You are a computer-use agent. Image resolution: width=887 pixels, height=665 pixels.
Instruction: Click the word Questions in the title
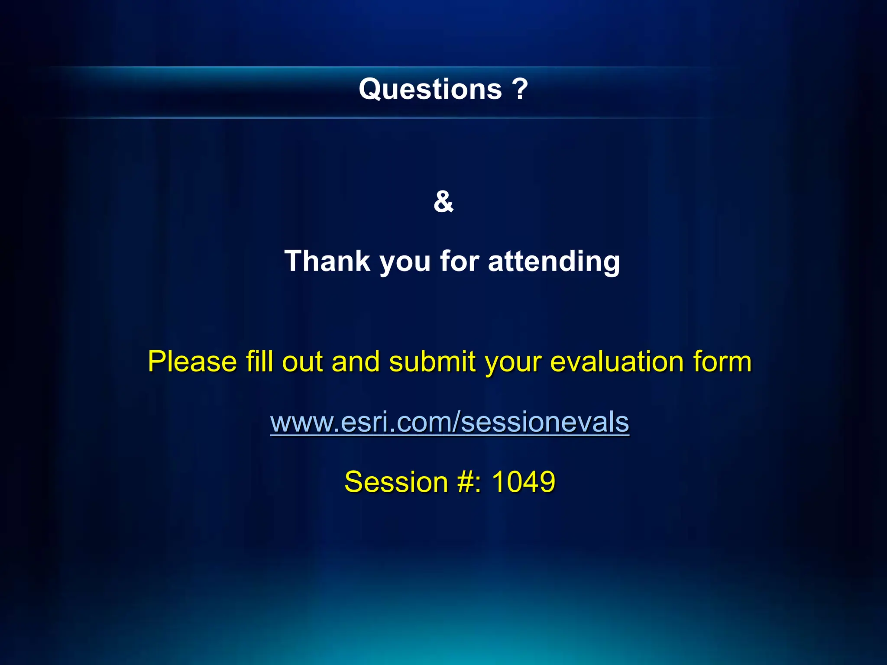(x=430, y=90)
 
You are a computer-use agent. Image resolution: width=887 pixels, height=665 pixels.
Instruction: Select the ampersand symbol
(x=443, y=202)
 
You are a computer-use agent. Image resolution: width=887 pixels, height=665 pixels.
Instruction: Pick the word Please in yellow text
(x=192, y=362)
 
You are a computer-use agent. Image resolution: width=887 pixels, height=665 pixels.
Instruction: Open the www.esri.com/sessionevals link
(x=450, y=422)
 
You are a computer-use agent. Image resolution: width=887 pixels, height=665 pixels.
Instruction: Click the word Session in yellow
(x=396, y=482)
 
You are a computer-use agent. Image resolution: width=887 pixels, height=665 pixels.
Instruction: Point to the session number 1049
(x=524, y=482)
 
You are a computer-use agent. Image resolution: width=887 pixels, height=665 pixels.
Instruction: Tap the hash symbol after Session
(x=466, y=482)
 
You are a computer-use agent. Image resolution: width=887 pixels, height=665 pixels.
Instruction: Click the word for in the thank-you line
(x=460, y=261)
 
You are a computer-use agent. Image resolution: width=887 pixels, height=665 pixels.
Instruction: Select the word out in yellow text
(x=303, y=362)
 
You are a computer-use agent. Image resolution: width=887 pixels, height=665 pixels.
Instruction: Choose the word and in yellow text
(x=356, y=362)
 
